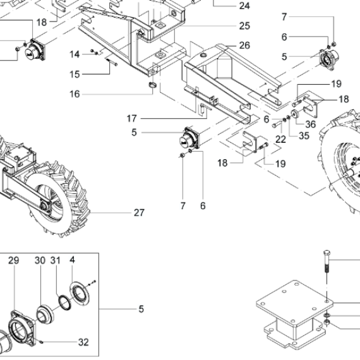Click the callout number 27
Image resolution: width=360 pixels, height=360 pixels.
pyautogui.click(x=139, y=213)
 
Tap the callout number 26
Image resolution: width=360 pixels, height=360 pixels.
pyautogui.click(x=244, y=45)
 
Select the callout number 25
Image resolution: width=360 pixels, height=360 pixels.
pyautogui.click(x=244, y=26)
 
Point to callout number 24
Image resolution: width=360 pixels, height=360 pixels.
pyautogui.click(x=244, y=6)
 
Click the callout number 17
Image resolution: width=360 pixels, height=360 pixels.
pyautogui.click(x=132, y=119)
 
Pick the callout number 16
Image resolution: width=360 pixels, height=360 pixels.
pyautogui.click(x=75, y=94)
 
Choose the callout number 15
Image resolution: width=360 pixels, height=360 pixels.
pyautogui.click(x=75, y=75)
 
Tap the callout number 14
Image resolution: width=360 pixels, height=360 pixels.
pyautogui.click(x=75, y=54)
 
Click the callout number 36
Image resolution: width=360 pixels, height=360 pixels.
pyautogui.click(x=311, y=124)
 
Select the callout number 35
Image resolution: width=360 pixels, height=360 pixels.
pyautogui.click(x=304, y=136)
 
